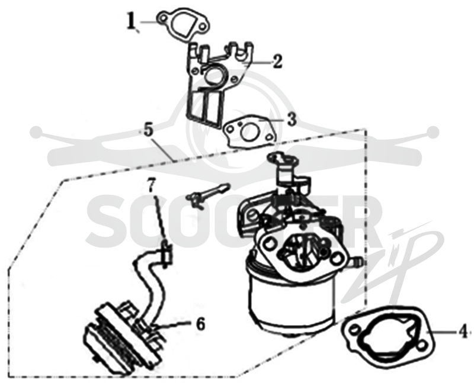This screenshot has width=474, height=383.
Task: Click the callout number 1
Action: click(x=131, y=21)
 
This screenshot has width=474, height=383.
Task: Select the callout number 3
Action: click(x=291, y=120)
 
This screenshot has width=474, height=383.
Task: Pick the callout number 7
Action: click(x=152, y=185)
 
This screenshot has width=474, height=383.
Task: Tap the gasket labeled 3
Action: click(x=250, y=133)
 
